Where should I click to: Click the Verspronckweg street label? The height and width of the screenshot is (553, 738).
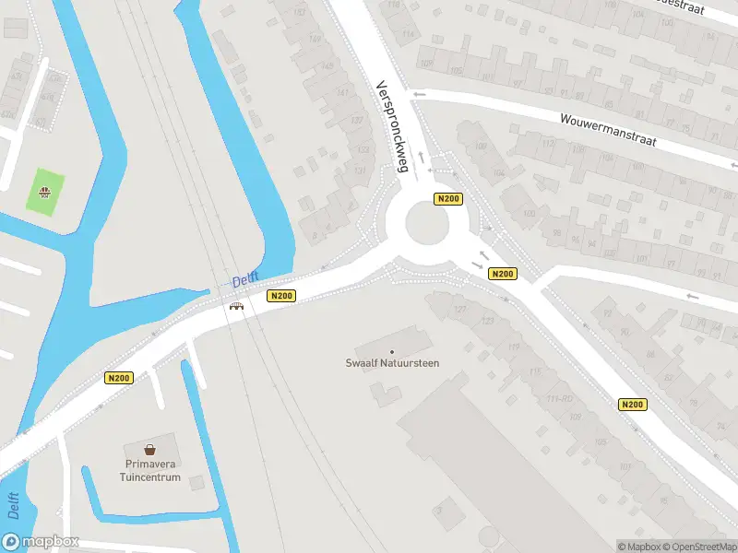click(392, 126)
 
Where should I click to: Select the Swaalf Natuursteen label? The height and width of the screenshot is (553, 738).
click(392, 363)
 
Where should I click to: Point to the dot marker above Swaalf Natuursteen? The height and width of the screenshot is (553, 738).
click(392, 351)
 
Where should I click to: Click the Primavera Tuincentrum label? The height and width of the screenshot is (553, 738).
click(149, 471)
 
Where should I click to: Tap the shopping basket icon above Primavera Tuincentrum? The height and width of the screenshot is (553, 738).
click(149, 451)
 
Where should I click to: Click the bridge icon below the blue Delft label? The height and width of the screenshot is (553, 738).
click(236, 306)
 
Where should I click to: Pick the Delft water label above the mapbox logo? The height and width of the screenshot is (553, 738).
click(13, 508)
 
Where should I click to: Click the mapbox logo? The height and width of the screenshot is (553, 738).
click(41, 542)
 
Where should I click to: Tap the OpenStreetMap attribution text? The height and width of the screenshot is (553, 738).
click(698, 547)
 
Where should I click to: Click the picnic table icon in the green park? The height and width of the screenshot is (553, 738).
click(43, 192)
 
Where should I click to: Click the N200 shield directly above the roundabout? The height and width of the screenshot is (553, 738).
click(448, 198)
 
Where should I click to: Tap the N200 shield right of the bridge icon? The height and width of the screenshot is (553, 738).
click(281, 296)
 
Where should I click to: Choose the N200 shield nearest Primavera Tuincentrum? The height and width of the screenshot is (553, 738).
click(119, 377)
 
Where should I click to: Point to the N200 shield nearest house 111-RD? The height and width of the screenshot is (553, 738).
click(632, 405)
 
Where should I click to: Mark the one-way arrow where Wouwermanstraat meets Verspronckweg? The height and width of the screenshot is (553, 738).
click(420, 93)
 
